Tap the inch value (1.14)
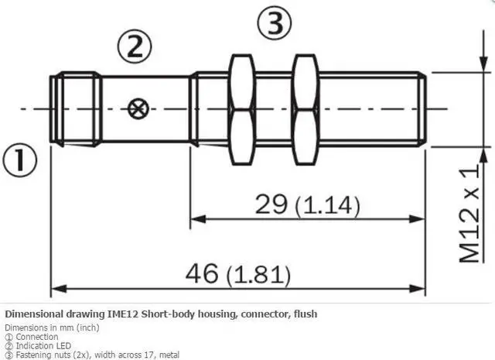tap(328, 206)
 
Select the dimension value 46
tap(203, 273)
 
